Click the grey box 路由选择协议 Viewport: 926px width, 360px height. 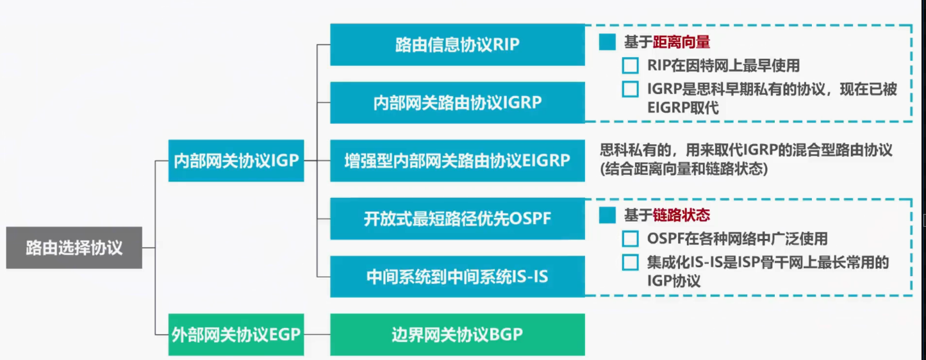[74, 248]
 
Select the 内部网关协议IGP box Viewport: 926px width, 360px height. [236, 160]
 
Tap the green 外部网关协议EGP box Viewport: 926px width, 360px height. [236, 334]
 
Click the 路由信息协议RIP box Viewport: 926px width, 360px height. [457, 44]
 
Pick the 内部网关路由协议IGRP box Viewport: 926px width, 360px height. [457, 102]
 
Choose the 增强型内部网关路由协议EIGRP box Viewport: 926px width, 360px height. [457, 160]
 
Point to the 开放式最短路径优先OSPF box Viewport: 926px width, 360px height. [457, 218]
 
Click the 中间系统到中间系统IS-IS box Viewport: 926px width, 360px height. [457, 277]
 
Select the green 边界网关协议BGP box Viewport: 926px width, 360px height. [457, 334]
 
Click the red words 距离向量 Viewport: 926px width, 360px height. [681, 42]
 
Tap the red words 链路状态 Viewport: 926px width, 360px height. [681, 215]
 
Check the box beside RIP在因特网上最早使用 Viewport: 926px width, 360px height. [631, 65]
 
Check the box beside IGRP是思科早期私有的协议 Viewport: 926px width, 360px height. [631, 89]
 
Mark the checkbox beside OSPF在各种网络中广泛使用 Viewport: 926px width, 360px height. [631, 239]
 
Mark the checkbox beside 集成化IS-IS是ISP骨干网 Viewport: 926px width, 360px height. [631, 262]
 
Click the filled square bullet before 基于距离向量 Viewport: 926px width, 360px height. [607, 42]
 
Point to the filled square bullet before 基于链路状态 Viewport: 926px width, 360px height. [607, 215]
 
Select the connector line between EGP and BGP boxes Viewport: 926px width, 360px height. [317, 334]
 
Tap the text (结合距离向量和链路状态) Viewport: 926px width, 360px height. [683, 169]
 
